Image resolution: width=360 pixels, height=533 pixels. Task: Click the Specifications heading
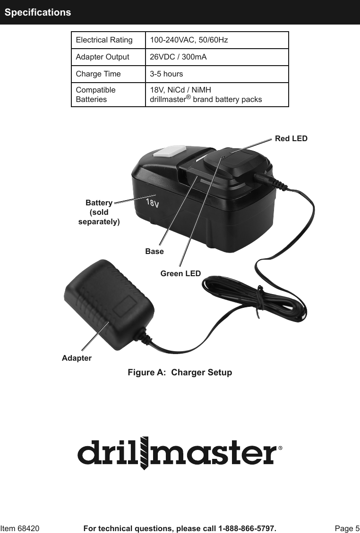tap(38, 12)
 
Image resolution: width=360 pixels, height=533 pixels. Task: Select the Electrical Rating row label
tap(104, 40)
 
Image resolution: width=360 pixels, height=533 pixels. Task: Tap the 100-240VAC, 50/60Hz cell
tap(189, 40)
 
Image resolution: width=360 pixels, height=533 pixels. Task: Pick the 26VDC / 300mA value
tap(178, 57)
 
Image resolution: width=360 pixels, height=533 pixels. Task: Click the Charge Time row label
tap(98, 74)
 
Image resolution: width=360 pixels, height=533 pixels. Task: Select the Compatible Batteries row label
tap(96, 95)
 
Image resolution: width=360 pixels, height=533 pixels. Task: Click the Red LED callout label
tap(291, 139)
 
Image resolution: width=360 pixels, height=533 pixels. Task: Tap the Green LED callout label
tap(180, 273)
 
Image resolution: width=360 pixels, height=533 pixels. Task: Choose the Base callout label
tap(154, 252)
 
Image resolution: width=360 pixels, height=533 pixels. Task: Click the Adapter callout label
tap(77, 358)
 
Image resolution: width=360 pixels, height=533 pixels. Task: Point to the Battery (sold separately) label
tap(99, 212)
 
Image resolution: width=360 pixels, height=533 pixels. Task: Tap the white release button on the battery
tap(168, 151)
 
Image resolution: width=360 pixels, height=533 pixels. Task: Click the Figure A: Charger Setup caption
tap(180, 372)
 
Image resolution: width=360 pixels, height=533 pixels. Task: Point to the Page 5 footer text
tap(347, 528)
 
